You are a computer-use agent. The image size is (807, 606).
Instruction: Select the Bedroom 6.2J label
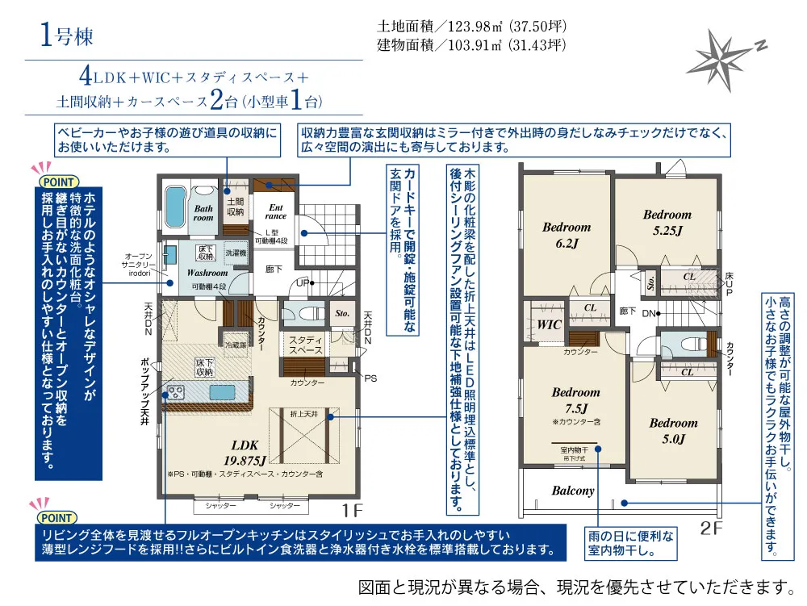(566, 235)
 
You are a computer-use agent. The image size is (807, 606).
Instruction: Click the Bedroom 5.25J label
(667, 222)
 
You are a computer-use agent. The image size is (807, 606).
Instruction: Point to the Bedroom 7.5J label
(575, 400)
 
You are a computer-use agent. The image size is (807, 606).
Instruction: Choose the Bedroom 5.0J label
(673, 431)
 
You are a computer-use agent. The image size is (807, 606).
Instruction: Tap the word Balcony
(573, 490)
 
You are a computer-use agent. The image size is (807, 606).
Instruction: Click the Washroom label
(209, 273)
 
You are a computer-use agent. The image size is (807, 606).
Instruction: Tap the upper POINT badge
(57, 180)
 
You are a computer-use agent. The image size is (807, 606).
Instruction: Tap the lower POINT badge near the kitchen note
(57, 516)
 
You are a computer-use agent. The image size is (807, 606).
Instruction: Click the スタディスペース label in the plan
(306, 345)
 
